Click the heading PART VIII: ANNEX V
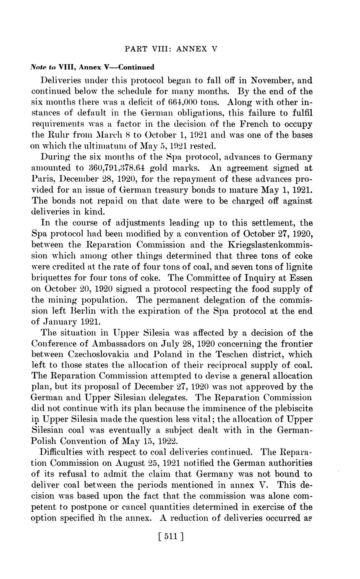pyautogui.click(x=171, y=49)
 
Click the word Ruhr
pyautogui.click(x=64, y=135)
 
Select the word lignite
pyautogui.click(x=298, y=266)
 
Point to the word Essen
pyautogui.click(x=300, y=277)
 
